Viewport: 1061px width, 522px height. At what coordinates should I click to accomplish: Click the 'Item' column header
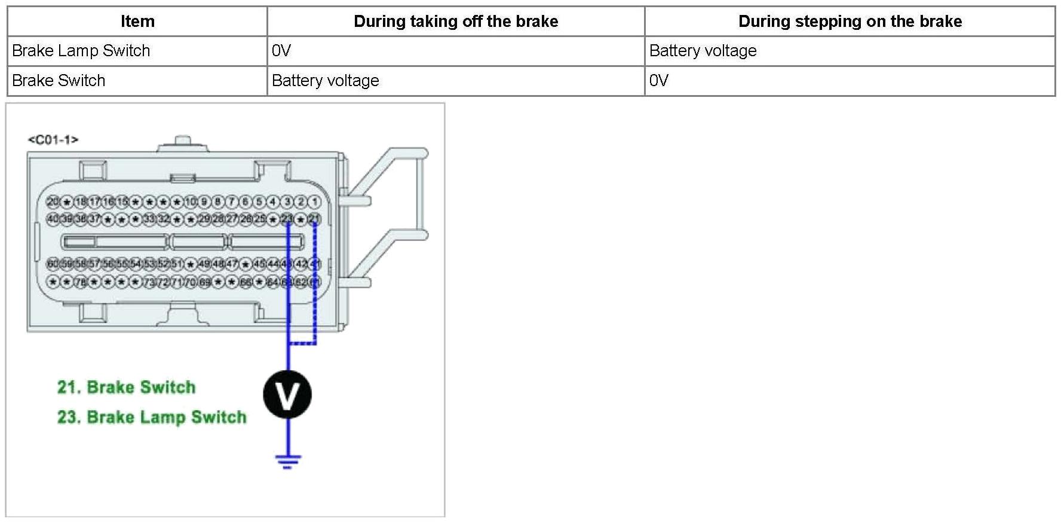(x=137, y=22)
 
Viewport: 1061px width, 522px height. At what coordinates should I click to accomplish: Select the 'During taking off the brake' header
(x=456, y=22)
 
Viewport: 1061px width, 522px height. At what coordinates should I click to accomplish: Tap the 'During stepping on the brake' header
(x=850, y=22)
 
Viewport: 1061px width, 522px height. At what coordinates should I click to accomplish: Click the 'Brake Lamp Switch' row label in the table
(x=81, y=51)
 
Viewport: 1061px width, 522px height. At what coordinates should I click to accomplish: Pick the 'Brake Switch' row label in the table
(x=59, y=81)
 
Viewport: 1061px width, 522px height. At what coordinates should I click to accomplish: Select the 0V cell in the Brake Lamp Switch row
(x=281, y=51)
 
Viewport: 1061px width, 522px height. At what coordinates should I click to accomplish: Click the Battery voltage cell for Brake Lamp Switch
(x=703, y=51)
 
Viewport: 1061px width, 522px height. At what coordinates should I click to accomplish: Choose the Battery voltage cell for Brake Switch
(x=325, y=81)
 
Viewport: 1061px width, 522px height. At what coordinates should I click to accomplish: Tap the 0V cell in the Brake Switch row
(x=658, y=81)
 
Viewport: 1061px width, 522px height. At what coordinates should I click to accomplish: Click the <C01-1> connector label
(x=53, y=140)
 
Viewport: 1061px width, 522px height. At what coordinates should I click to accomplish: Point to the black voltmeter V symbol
(x=287, y=395)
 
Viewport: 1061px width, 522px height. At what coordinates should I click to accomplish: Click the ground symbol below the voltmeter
(x=287, y=461)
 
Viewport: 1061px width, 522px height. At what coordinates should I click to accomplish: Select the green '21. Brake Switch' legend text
(x=126, y=387)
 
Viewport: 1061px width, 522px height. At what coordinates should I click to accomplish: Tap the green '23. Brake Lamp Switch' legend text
(x=152, y=417)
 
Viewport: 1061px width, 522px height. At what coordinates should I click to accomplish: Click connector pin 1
(x=315, y=202)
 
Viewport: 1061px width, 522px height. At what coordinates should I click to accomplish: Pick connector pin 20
(x=53, y=202)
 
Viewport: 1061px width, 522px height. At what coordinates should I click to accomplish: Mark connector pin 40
(x=53, y=219)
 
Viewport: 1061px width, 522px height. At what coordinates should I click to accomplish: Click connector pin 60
(x=53, y=264)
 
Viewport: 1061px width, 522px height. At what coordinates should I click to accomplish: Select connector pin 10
(x=190, y=202)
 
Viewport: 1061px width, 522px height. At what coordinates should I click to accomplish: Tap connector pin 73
(x=149, y=282)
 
